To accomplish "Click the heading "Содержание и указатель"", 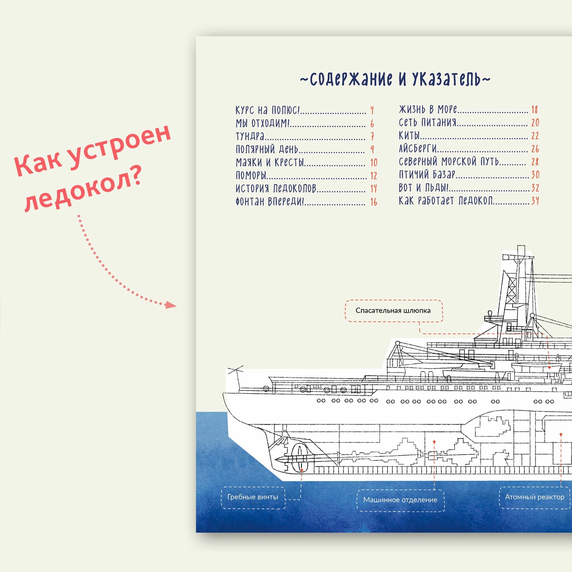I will click(395, 79).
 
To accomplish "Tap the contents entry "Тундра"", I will click(250, 136).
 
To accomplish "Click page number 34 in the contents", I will click(535, 201).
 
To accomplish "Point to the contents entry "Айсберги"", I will click(418, 149).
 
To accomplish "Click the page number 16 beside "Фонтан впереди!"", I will click(374, 202).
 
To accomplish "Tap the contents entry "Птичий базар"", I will click(427, 174).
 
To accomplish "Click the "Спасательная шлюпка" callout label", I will click(393, 311).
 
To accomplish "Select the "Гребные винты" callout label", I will click(253, 497).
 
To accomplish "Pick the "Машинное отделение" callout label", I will click(400, 500).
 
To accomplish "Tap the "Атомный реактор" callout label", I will click(534, 497).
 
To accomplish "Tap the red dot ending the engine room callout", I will click(434, 441).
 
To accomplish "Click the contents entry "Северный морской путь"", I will click(449, 162).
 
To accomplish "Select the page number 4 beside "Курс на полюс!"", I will click(372, 110).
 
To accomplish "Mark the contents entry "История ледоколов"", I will click(276, 189).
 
